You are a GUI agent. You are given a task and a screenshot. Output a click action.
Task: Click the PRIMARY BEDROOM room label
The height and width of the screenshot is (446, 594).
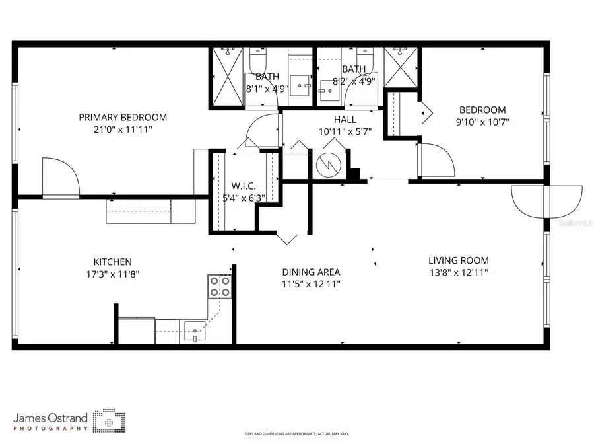[x=123, y=118]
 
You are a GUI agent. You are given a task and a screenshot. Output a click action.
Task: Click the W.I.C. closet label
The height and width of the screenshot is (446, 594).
[x=244, y=186]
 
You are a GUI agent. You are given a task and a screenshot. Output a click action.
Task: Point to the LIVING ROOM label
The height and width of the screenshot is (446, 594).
[x=459, y=260]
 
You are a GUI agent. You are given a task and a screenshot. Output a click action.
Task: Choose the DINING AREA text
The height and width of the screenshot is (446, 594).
[x=311, y=272]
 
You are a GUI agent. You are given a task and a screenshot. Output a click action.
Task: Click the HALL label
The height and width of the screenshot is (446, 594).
[x=345, y=120]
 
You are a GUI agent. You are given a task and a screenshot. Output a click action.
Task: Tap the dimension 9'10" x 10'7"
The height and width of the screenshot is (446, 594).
[x=482, y=122]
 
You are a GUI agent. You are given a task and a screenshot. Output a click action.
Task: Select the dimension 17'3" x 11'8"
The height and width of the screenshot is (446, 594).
[x=112, y=274]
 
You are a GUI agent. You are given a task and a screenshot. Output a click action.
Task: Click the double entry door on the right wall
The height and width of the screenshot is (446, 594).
[x=546, y=200]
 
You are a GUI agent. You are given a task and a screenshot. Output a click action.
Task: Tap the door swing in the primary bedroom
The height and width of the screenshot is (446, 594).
[x=60, y=176]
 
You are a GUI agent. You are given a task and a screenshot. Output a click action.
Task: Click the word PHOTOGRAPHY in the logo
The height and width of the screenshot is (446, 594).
[x=51, y=429]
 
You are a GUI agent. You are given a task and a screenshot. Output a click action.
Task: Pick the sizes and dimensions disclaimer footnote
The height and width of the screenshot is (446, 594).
[x=296, y=434]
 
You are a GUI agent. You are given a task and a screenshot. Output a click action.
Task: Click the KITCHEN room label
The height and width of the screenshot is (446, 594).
[x=112, y=262]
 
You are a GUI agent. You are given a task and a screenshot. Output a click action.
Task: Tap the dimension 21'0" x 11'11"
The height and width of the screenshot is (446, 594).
[x=123, y=130]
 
